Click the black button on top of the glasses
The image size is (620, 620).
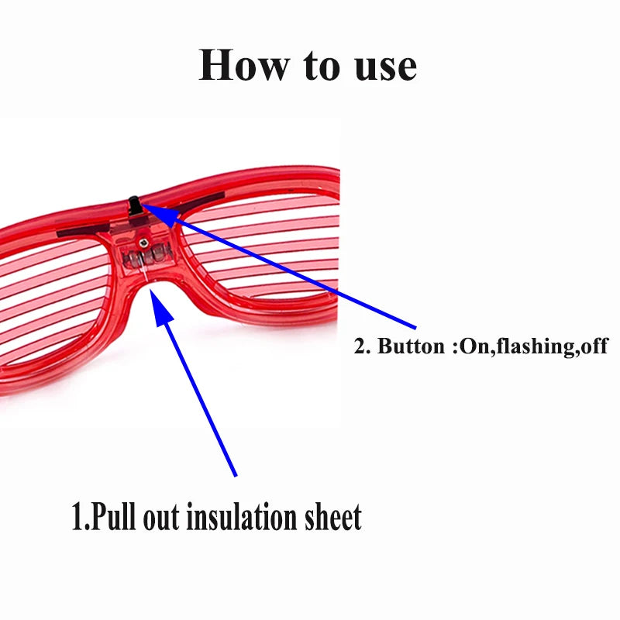tap(133, 205)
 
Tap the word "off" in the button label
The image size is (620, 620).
tap(593, 346)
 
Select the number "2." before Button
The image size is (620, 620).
tap(363, 346)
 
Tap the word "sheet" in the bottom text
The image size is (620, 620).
tap(336, 517)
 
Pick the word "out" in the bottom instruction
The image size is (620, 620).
tap(161, 518)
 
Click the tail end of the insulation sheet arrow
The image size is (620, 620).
tap(234, 474)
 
